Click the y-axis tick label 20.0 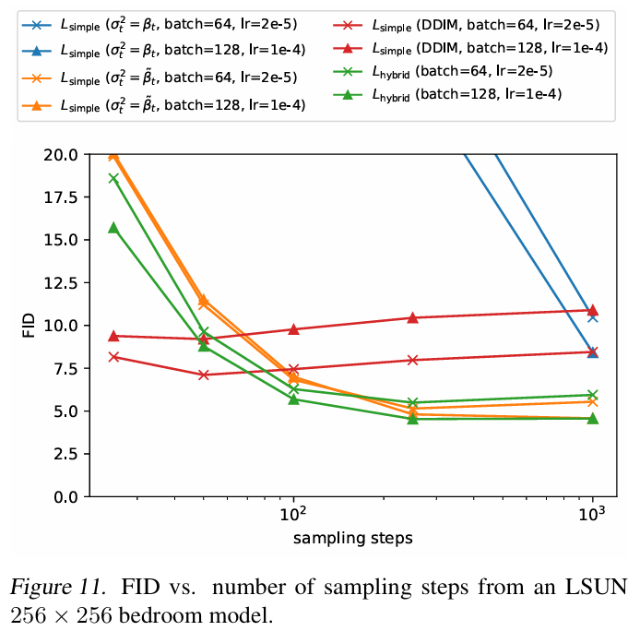click(61, 154)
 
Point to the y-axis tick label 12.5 click(61, 282)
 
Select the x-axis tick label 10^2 click(292, 513)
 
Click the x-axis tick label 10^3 click(592, 513)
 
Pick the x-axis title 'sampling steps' click(352, 537)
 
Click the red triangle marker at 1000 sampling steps click(592, 310)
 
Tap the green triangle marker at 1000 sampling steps click(592, 418)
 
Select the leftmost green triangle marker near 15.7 click(113, 227)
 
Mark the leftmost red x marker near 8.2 click(113, 356)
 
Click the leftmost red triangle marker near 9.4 click(113, 336)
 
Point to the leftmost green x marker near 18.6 click(113, 178)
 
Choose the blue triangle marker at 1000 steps click(592, 352)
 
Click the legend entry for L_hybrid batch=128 click(466, 93)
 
